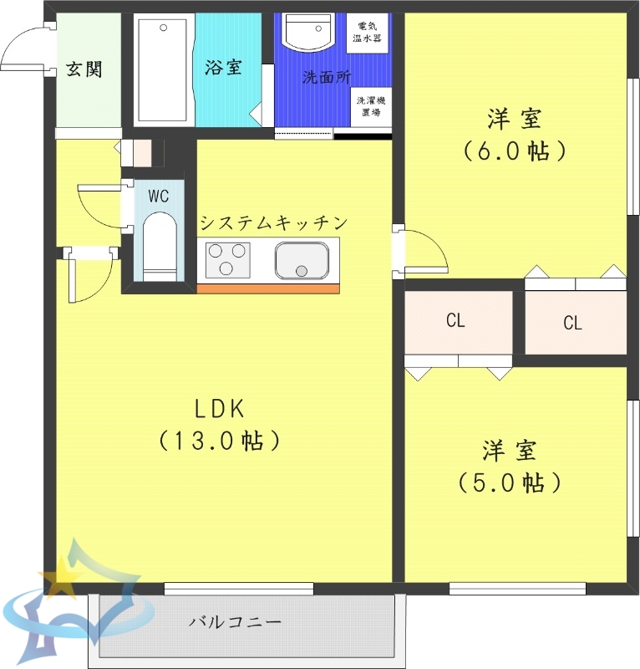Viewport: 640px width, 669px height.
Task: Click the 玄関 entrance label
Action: point(84,69)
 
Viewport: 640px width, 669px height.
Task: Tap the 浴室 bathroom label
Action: point(223,68)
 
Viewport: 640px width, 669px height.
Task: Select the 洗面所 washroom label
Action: point(325,78)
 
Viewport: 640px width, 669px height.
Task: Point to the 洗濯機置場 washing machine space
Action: point(368,105)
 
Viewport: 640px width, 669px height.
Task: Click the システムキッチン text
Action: point(273,222)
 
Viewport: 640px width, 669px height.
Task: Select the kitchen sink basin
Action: point(302,260)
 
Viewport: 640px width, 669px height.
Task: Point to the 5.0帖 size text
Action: point(508,483)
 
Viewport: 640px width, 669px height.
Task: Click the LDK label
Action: point(218,409)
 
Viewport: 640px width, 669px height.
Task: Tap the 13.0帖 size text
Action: point(218,440)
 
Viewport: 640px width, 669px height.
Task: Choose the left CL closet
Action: point(456,321)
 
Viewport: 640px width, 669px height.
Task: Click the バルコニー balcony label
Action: point(235,622)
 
